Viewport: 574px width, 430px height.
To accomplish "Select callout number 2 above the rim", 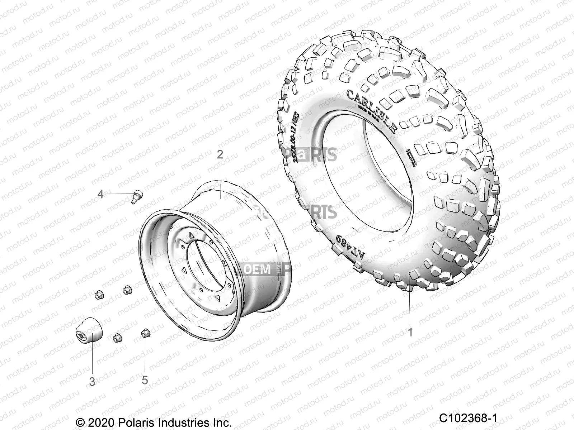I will click(220, 155).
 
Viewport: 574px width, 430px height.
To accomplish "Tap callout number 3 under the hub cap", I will click(92, 382).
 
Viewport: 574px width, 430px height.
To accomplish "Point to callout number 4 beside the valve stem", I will click(100, 194).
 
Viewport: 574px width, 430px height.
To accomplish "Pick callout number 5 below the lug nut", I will click(145, 380).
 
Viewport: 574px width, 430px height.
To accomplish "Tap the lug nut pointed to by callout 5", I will click(146, 333).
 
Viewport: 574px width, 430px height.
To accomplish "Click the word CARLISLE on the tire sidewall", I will click(371, 111).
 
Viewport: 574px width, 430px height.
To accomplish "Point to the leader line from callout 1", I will click(410, 301).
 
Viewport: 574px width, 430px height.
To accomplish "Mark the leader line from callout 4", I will click(118, 194).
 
